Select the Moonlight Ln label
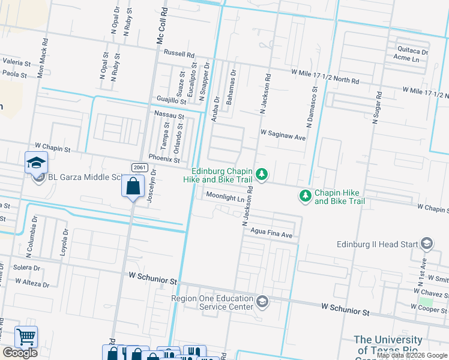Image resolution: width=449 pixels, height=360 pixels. click(225, 196)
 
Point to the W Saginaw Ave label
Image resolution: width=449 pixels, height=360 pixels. click(283, 137)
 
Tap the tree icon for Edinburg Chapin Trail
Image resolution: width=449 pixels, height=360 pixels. click(261, 175)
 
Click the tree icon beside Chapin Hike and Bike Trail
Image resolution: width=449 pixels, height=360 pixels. click(306, 196)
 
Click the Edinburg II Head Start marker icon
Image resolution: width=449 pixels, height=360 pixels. click(427, 244)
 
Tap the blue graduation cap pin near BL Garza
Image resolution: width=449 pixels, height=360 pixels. click(36, 163)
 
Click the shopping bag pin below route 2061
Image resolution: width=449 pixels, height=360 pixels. click(133, 187)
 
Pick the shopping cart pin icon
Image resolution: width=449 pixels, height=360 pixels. click(26, 337)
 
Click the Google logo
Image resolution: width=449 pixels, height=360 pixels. click(20, 353)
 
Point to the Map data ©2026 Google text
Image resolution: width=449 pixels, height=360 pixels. click(412, 355)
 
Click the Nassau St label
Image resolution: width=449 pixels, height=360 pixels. click(169, 114)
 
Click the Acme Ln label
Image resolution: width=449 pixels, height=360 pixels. click(406, 59)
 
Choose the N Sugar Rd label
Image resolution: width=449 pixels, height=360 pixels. click(378, 108)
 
